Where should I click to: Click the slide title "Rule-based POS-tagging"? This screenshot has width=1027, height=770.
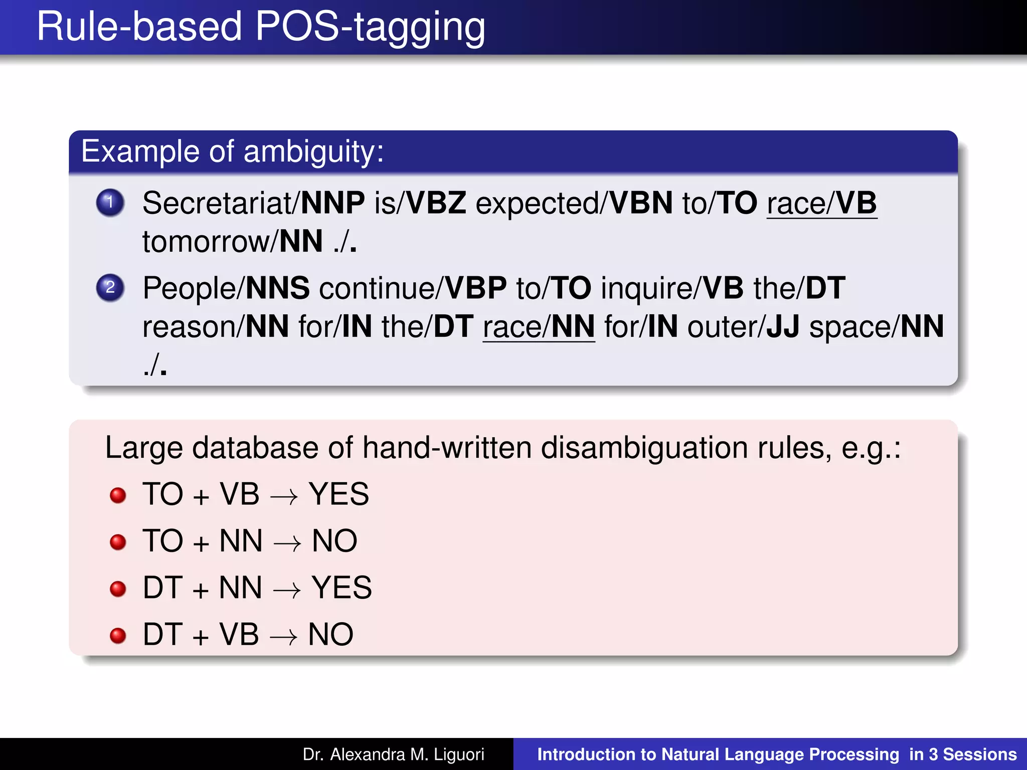[x=261, y=27]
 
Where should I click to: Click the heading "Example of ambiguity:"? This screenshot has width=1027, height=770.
[x=232, y=151]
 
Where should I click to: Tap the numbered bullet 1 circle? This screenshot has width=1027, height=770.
[x=110, y=203]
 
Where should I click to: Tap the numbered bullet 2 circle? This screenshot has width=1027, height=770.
[x=110, y=288]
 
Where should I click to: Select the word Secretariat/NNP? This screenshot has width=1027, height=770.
[x=253, y=204]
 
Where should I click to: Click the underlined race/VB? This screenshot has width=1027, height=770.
[x=821, y=204]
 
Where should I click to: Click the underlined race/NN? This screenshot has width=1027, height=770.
[x=539, y=327]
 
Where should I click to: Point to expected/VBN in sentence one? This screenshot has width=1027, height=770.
[x=574, y=204]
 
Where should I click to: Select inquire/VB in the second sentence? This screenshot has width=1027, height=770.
[x=672, y=289]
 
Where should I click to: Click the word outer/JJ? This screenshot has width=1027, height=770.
[x=743, y=327]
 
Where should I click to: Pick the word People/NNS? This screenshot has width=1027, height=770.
[x=226, y=289]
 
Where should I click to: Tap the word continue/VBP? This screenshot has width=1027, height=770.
[x=412, y=289]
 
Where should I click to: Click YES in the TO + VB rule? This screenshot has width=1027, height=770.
[x=339, y=494]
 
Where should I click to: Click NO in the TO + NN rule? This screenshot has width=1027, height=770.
[x=334, y=541]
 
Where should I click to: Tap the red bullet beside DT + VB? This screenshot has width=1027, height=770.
[x=118, y=635]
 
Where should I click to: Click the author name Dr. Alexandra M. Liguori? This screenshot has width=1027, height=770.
[x=393, y=754]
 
